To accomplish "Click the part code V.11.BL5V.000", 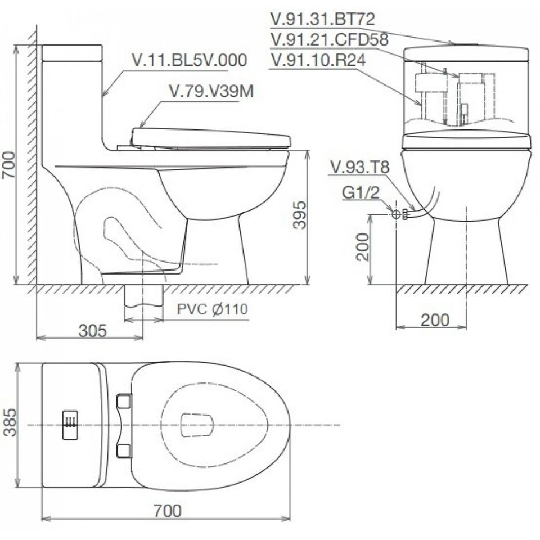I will tap(189, 60).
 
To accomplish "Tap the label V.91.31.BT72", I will tap(322, 19).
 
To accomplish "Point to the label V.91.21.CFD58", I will tap(330, 40).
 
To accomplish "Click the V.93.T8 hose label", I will tap(360, 167).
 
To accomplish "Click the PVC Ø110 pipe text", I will tap(212, 309).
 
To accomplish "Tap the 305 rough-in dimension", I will tap(92, 331).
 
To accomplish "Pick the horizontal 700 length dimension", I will tap(167, 511).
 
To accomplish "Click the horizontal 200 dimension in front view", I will tap(435, 320).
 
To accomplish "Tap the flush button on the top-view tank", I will tap(70, 423).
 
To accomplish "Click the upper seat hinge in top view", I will tap(123, 401).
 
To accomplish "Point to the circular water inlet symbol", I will tap(395, 214).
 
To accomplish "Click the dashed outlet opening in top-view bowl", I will tap(197, 425).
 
